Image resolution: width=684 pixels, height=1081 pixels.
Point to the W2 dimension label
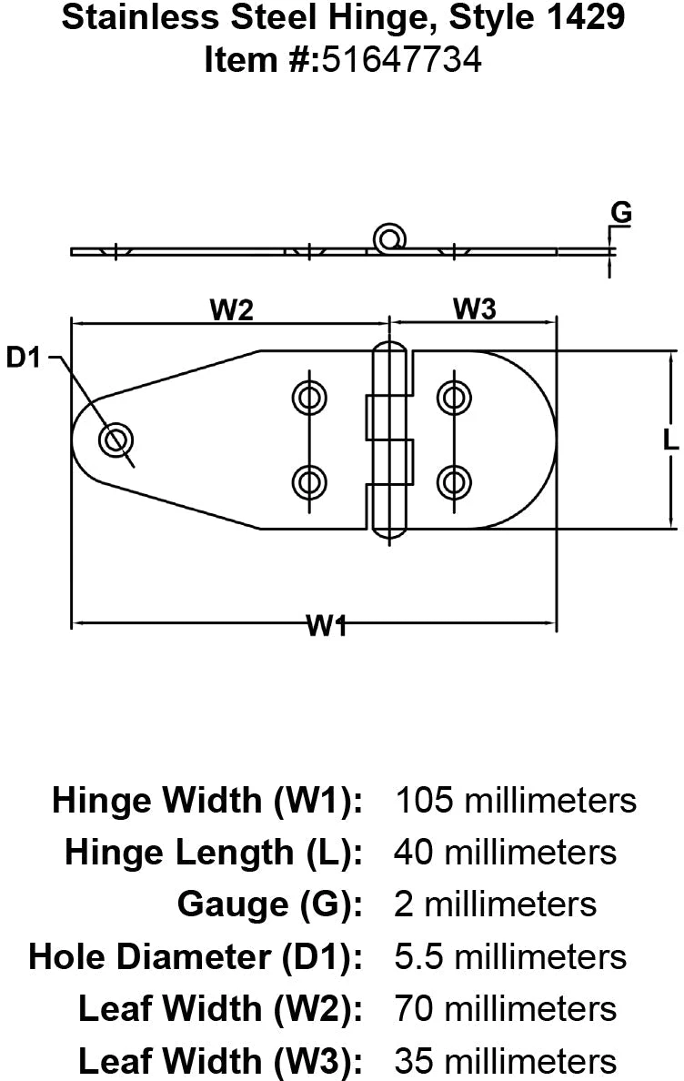point(231,310)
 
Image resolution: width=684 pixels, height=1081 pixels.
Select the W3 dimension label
point(474,310)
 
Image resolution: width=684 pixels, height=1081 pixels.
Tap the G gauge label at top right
point(620,213)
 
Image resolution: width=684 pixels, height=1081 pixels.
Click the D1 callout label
point(25,359)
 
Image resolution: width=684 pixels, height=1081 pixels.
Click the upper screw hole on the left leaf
point(309,397)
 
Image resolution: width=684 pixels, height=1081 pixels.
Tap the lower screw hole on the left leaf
point(309,480)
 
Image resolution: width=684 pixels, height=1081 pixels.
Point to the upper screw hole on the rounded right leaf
point(453,397)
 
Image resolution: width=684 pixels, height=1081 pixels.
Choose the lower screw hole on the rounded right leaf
point(453,480)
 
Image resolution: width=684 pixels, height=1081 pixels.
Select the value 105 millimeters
point(515,801)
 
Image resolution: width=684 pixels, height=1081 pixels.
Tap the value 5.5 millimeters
point(509,956)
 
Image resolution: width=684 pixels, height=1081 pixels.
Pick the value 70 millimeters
point(505,1008)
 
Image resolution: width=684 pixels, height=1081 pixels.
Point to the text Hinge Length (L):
point(214,853)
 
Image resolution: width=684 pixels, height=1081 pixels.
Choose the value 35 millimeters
point(505,1060)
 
